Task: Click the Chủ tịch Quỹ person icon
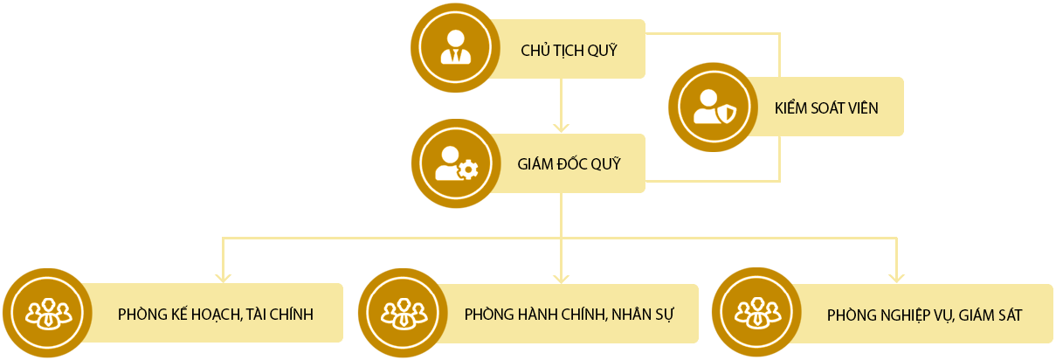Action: [x=455, y=48]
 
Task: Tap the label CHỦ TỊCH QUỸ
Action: [x=569, y=51]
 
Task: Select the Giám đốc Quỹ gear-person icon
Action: [x=455, y=163]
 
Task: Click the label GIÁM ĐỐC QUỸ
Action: [x=569, y=163]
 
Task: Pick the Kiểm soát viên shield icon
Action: [x=713, y=107]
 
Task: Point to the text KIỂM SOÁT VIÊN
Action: [x=826, y=108]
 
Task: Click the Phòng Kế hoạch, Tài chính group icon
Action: [x=45, y=313]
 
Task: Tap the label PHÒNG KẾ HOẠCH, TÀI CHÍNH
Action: [x=215, y=314]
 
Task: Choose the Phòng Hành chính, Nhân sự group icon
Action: [x=402, y=313]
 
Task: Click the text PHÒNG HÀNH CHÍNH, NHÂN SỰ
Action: [x=569, y=314]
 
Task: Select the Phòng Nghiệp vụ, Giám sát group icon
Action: [x=755, y=313]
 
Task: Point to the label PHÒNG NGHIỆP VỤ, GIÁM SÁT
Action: [x=924, y=315]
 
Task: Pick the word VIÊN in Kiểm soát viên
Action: [x=861, y=108]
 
